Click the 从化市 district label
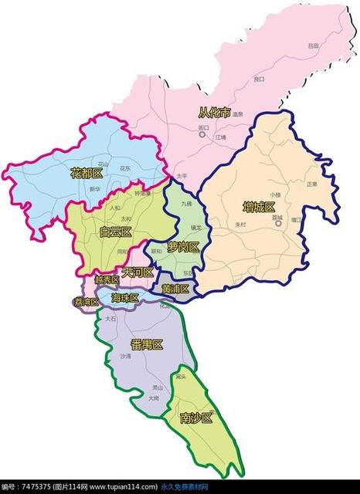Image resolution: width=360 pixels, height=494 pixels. [x=215, y=113]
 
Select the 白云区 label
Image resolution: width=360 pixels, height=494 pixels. [x=116, y=232]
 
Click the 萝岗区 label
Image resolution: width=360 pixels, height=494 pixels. [x=184, y=247]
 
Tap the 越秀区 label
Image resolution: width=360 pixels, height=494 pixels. [x=107, y=279]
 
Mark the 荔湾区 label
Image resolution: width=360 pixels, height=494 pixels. [x=86, y=302]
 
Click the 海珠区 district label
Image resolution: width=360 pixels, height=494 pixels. [x=124, y=298]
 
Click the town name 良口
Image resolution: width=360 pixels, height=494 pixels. [x=259, y=79]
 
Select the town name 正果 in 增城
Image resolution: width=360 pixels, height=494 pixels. [x=311, y=184]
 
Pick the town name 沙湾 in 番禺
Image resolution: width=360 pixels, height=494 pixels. [x=126, y=357]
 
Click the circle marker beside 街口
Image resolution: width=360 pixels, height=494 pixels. [x=202, y=134]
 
